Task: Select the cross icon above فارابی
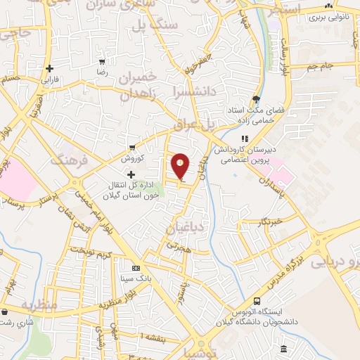click(49, 69)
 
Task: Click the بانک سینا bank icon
click(136, 268)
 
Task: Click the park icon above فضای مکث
click(256, 99)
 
